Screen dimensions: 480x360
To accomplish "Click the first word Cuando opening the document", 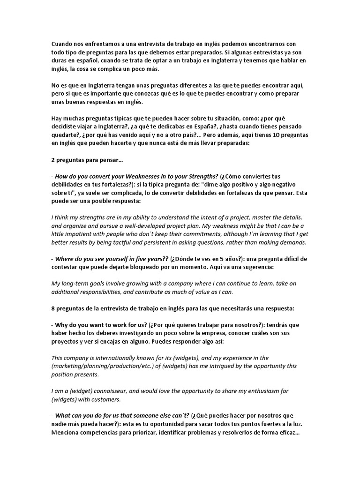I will pyautogui.click(x=63, y=44).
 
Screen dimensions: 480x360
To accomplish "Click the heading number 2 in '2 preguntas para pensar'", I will pyautogui.click(x=53, y=160).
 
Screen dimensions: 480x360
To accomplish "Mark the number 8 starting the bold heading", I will pyautogui.click(x=53, y=308).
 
